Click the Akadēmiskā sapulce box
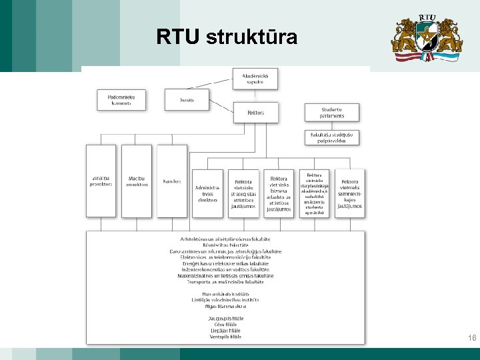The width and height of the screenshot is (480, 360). pos(255,79)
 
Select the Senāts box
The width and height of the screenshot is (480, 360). pos(187,100)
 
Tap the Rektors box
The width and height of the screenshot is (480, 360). pos(255,113)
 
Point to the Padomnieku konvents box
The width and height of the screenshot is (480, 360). pos(121,100)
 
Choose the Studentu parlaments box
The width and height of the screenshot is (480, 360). pos(332,113)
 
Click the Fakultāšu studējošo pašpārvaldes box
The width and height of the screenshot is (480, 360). pos(332,137)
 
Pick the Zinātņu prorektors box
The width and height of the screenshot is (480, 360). pos(101,181)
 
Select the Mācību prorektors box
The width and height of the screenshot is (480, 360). pos(137,181)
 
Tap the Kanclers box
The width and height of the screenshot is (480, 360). pos(172,181)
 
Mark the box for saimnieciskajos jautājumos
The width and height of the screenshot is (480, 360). pos(350,193)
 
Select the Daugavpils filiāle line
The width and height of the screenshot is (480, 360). pos(225,319)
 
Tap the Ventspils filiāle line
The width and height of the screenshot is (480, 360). pos(225,337)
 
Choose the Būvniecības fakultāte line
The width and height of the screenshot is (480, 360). pos(226,245)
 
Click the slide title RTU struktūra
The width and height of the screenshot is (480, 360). pos(227,37)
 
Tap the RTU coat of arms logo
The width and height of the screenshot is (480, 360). pos(425,38)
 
